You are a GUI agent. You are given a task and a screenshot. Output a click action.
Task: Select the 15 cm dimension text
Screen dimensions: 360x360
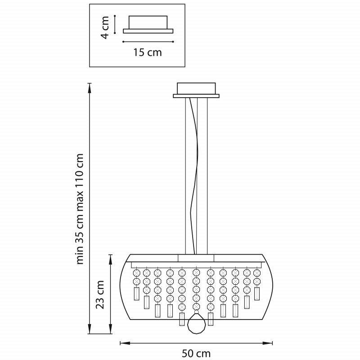(148, 53)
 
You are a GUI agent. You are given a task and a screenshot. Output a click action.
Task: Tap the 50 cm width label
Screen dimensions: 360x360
(197, 354)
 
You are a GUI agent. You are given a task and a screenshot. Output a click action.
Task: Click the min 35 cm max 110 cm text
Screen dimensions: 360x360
(80, 209)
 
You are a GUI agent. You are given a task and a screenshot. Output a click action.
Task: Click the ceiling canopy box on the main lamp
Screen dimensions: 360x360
(197, 88)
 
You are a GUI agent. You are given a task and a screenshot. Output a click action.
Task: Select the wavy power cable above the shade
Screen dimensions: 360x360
(194, 180)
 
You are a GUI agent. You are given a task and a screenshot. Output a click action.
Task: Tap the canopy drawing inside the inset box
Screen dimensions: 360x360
(148, 25)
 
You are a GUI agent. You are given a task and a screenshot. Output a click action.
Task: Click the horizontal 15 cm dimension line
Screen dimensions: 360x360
(148, 42)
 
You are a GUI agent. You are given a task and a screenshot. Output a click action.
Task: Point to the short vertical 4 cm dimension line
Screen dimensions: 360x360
(116, 23)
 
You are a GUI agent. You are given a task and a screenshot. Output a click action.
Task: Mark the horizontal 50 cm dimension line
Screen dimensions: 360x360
(197, 343)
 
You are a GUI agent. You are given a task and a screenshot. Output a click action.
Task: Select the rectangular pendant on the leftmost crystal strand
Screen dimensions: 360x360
(137, 294)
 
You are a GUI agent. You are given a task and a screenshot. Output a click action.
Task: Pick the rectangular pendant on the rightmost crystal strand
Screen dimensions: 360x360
(257, 293)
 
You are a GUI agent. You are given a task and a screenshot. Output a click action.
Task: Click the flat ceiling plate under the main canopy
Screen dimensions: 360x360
(196, 96)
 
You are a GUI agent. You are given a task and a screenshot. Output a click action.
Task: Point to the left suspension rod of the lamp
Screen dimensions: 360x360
(185, 175)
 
